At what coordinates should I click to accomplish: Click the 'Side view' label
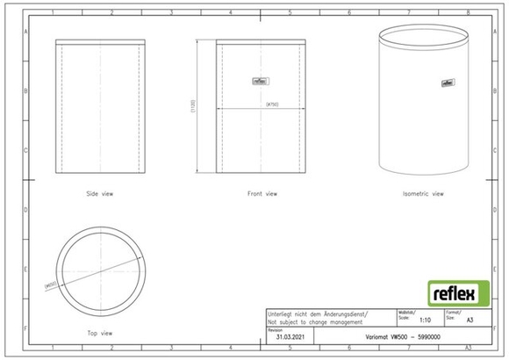pyautogui.click(x=99, y=193)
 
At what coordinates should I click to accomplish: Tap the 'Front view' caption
pyautogui.click(x=262, y=193)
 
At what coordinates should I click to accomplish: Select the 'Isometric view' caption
pyautogui.click(x=422, y=193)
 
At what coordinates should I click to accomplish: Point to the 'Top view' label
pyautogui.click(x=99, y=333)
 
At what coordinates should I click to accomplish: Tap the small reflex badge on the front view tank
pyautogui.click(x=261, y=81)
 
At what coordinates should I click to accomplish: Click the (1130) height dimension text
pyautogui.click(x=193, y=107)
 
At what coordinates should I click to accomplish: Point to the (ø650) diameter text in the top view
pyautogui.click(x=50, y=284)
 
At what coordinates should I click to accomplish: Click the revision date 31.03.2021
pyautogui.click(x=290, y=337)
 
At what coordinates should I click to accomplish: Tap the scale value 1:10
pyautogui.click(x=426, y=321)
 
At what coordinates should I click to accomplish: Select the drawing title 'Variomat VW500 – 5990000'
pyautogui.click(x=403, y=337)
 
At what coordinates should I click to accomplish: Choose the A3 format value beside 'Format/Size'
pyautogui.click(x=470, y=321)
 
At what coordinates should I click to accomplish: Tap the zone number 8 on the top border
pyautogui.click(x=468, y=13)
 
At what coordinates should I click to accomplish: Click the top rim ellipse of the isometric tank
pyautogui.click(x=422, y=37)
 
